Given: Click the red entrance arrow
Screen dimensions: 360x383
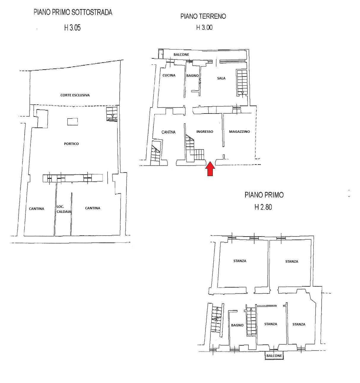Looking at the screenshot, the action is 210,169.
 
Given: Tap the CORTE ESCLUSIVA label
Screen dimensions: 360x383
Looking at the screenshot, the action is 75,95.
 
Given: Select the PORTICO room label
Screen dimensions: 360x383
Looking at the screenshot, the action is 71,144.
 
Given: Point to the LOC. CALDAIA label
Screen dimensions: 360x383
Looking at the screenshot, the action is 64,209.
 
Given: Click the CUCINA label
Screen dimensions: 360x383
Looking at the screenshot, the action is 169,75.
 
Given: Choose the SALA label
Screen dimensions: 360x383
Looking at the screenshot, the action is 221,78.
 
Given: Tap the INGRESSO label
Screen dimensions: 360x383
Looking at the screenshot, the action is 205,132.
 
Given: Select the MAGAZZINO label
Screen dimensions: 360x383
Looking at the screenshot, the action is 239,132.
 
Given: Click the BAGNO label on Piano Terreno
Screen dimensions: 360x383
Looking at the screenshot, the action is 192,76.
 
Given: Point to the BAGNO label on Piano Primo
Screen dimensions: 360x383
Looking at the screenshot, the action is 237,325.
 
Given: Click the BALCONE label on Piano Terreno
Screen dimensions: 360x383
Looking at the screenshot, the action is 181,55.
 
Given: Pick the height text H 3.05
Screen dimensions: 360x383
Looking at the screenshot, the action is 72,28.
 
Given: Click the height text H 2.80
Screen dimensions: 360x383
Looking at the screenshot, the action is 263,207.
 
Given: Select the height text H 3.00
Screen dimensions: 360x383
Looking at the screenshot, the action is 204,28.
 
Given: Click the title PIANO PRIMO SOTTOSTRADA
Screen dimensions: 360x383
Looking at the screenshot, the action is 73,12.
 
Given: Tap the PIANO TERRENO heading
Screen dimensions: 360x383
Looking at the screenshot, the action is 203,16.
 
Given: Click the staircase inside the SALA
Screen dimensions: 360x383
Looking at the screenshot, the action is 242,82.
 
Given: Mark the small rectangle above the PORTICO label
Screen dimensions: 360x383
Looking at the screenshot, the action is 73,122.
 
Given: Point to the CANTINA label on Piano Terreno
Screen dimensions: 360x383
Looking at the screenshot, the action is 168,132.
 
